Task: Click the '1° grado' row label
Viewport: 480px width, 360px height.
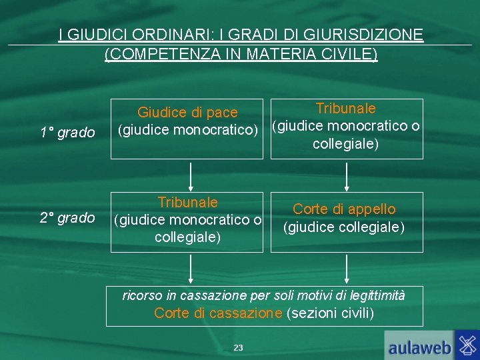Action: point(67,133)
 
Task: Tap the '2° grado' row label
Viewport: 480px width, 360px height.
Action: point(67,217)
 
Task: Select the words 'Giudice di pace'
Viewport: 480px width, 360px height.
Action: point(187,113)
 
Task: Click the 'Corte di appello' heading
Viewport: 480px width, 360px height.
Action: point(344,209)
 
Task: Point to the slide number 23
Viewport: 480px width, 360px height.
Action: point(239,347)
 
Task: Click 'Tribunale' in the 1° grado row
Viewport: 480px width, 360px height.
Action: point(345,108)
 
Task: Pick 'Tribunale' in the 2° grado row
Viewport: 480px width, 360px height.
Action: point(187,202)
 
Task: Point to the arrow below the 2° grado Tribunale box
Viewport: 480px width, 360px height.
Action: point(191,269)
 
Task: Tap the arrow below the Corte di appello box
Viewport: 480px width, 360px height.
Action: point(346,269)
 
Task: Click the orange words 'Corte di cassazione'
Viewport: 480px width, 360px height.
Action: point(218,313)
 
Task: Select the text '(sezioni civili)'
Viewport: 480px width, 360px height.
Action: point(330,313)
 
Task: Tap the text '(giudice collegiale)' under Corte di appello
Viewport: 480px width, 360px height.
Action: point(344,227)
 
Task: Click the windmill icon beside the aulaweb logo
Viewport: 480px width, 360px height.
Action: point(467,345)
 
